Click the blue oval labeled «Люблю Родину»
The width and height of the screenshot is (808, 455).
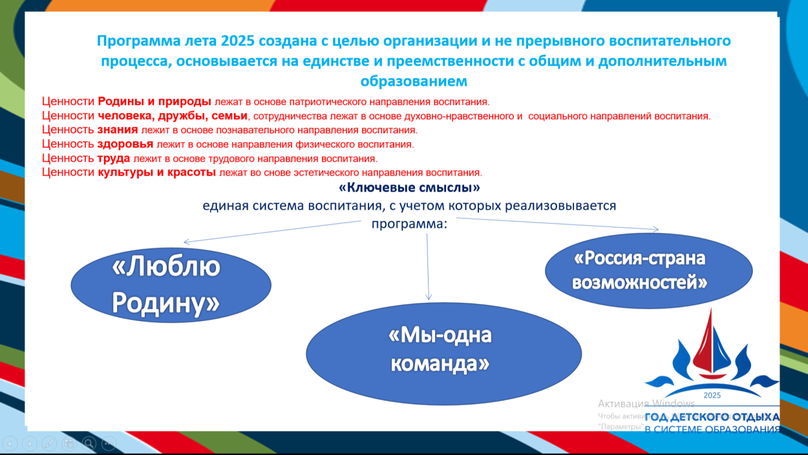pos(171,285)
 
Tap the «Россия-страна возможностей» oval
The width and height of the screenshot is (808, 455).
pos(648,270)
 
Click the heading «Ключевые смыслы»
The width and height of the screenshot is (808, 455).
pos(409,188)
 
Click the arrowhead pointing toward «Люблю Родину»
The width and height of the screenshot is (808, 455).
pos(187,242)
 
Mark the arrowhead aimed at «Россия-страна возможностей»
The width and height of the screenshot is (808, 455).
pos(655,229)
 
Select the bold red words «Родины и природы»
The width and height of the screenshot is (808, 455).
pos(154,102)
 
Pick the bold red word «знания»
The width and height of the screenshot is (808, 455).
pos(118,129)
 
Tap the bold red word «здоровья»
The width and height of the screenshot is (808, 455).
pos(125,144)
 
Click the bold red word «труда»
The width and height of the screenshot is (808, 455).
pos(114,158)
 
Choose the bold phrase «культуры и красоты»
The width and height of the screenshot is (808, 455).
pos(157,173)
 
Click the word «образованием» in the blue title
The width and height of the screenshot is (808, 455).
pos(414,82)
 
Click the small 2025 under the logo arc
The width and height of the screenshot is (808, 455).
pos(711,395)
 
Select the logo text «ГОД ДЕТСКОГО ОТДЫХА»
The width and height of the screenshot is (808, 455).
pos(712,417)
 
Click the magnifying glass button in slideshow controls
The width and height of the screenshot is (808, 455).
pos(89,443)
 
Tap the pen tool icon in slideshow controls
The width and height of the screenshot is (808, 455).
pos(49,443)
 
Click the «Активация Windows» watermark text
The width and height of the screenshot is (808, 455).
pos(637,403)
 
